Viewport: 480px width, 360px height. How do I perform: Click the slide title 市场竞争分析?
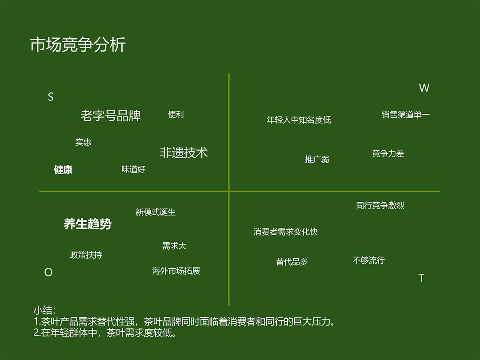tap(78, 45)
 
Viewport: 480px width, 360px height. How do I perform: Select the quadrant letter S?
tap(51, 97)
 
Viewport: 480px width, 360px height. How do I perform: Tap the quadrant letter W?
tap(424, 88)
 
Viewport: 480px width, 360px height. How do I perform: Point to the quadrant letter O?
tap(48, 272)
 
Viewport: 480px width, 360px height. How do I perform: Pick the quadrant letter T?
tap(421, 278)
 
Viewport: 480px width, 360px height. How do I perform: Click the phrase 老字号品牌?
tap(111, 116)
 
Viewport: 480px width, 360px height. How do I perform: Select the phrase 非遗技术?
tap(184, 152)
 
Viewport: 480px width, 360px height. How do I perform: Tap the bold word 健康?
tap(63, 170)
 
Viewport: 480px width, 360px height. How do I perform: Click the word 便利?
tap(176, 115)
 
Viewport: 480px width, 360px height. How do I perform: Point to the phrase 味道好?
tap(133, 169)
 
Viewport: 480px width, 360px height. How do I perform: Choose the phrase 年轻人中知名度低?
tap(299, 120)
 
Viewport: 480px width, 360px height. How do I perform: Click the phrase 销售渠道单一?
tap(405, 115)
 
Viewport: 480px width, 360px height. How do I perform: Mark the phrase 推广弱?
tap(317, 159)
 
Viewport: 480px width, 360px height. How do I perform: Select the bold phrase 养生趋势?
tap(88, 224)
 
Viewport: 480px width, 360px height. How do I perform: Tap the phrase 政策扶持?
tap(86, 255)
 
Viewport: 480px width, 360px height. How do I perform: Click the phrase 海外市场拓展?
tap(176, 271)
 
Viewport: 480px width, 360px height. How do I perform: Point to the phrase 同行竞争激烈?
tap(380, 206)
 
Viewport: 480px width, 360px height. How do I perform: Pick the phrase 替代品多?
tap(292, 262)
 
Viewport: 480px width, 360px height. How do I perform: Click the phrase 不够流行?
tap(368, 260)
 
